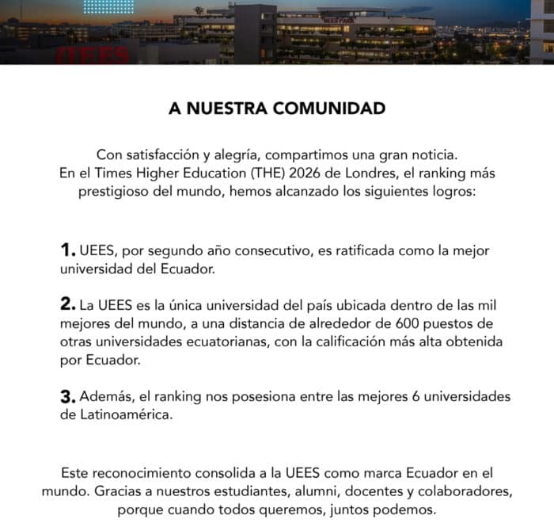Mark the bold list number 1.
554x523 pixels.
[x=67, y=250]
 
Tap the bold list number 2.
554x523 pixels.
[x=67, y=304]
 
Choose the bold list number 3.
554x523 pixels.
[x=67, y=395]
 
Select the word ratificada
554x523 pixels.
[x=365, y=250]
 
